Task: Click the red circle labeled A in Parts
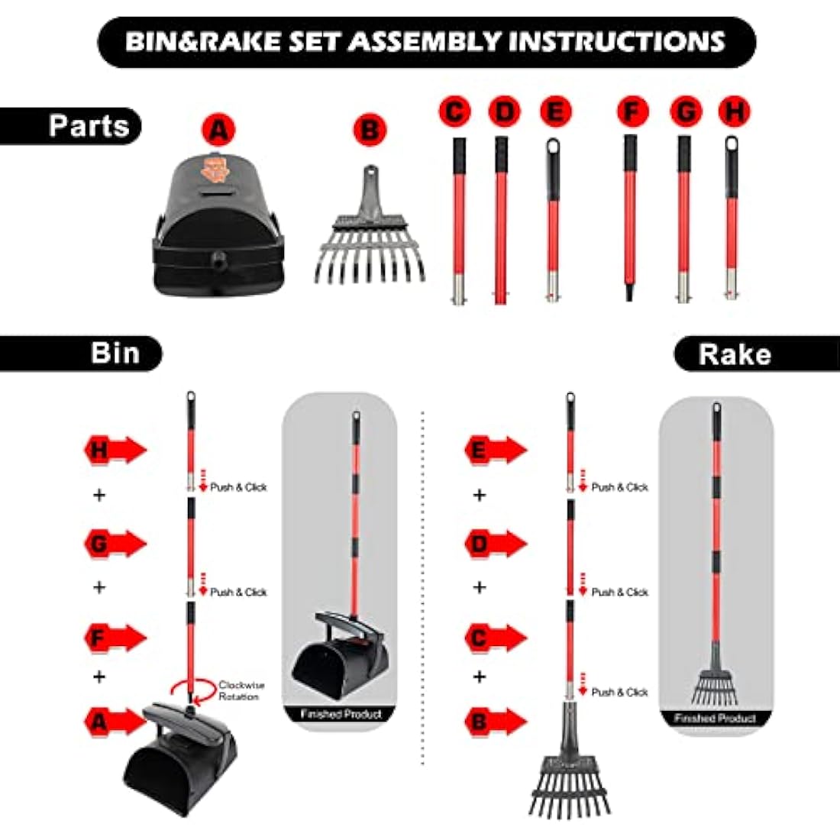coord(218,130)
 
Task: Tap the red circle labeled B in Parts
coord(370,130)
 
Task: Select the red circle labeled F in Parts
coord(633,112)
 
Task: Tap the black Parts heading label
coord(71,126)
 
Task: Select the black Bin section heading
coord(80,354)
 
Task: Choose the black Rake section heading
coord(757,354)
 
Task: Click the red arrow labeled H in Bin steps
coord(115,450)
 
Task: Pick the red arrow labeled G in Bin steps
coord(115,544)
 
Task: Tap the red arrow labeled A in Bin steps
coord(115,722)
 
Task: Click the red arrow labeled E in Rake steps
coord(496,450)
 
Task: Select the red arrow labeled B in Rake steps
coord(496,722)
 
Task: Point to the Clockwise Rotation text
coord(241,690)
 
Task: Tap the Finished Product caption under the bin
coord(341,714)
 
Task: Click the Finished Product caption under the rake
coord(715,718)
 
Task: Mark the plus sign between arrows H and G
coord(99,495)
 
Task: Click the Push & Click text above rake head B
coord(620,692)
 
